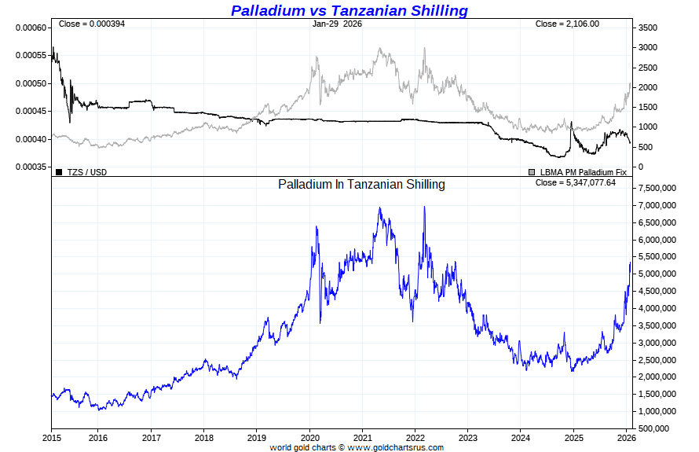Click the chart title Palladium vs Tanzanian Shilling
tap(349, 10)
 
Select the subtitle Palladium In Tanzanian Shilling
tap(361, 185)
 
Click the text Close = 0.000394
tap(92, 24)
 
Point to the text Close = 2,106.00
tap(567, 24)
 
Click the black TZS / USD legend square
tap(59, 171)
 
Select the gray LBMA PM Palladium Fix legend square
tap(532, 171)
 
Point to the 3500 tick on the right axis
tap(646, 28)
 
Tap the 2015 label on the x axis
tap(52, 437)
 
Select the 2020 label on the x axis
tap(310, 437)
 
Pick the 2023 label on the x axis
tap(468, 437)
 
